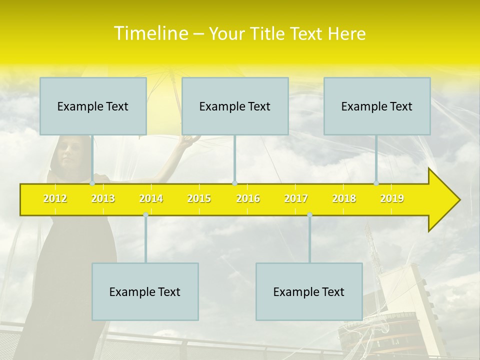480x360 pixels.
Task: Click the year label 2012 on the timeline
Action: tap(55, 198)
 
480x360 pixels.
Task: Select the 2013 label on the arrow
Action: tap(103, 198)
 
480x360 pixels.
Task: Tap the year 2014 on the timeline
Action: tap(151, 198)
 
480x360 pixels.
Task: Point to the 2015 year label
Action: tap(199, 198)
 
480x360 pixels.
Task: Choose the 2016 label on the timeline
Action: tap(248, 198)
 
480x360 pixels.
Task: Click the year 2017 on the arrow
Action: tap(296, 198)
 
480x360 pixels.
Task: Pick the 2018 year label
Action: tap(344, 198)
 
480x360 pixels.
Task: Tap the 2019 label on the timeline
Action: tap(392, 198)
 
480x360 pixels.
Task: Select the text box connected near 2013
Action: tap(93, 106)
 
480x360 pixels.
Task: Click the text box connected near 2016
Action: tap(235, 106)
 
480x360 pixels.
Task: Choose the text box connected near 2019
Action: tap(377, 106)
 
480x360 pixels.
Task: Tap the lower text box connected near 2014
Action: tap(145, 291)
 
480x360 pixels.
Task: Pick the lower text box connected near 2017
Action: tap(309, 291)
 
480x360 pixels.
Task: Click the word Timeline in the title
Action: tap(150, 33)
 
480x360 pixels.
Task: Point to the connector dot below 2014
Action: tap(145, 214)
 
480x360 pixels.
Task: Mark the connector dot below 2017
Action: tap(309, 214)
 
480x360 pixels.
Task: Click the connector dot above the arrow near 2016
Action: tap(234, 183)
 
